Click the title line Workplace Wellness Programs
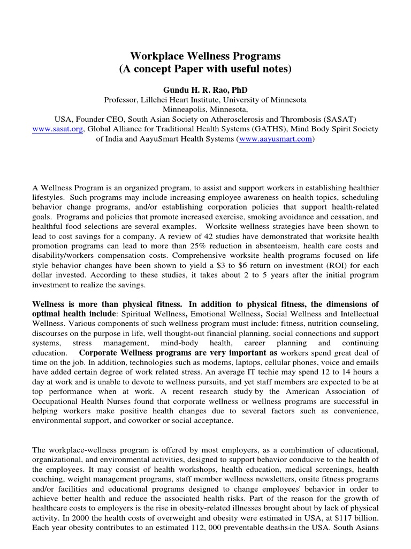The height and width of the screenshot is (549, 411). [205, 56]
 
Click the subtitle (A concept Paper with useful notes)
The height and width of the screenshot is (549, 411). [205, 69]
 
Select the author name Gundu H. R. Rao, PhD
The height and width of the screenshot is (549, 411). [205, 90]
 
